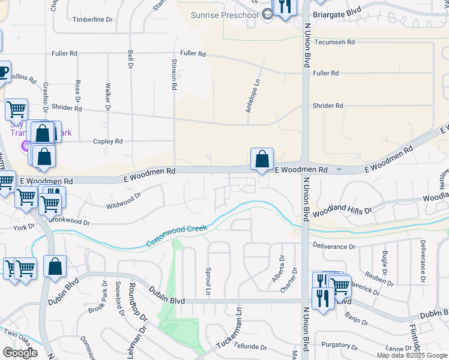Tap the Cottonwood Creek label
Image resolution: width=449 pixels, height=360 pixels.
click(176, 236)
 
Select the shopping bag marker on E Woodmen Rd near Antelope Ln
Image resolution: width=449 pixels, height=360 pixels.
click(262, 160)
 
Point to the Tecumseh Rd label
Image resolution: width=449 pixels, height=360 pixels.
click(334, 43)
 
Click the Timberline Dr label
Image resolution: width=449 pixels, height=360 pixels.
click(92, 20)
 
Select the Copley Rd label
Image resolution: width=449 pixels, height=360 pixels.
click(107, 142)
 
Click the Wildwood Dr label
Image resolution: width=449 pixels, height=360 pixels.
click(123, 200)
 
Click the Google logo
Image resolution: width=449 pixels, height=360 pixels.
click(20, 353)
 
